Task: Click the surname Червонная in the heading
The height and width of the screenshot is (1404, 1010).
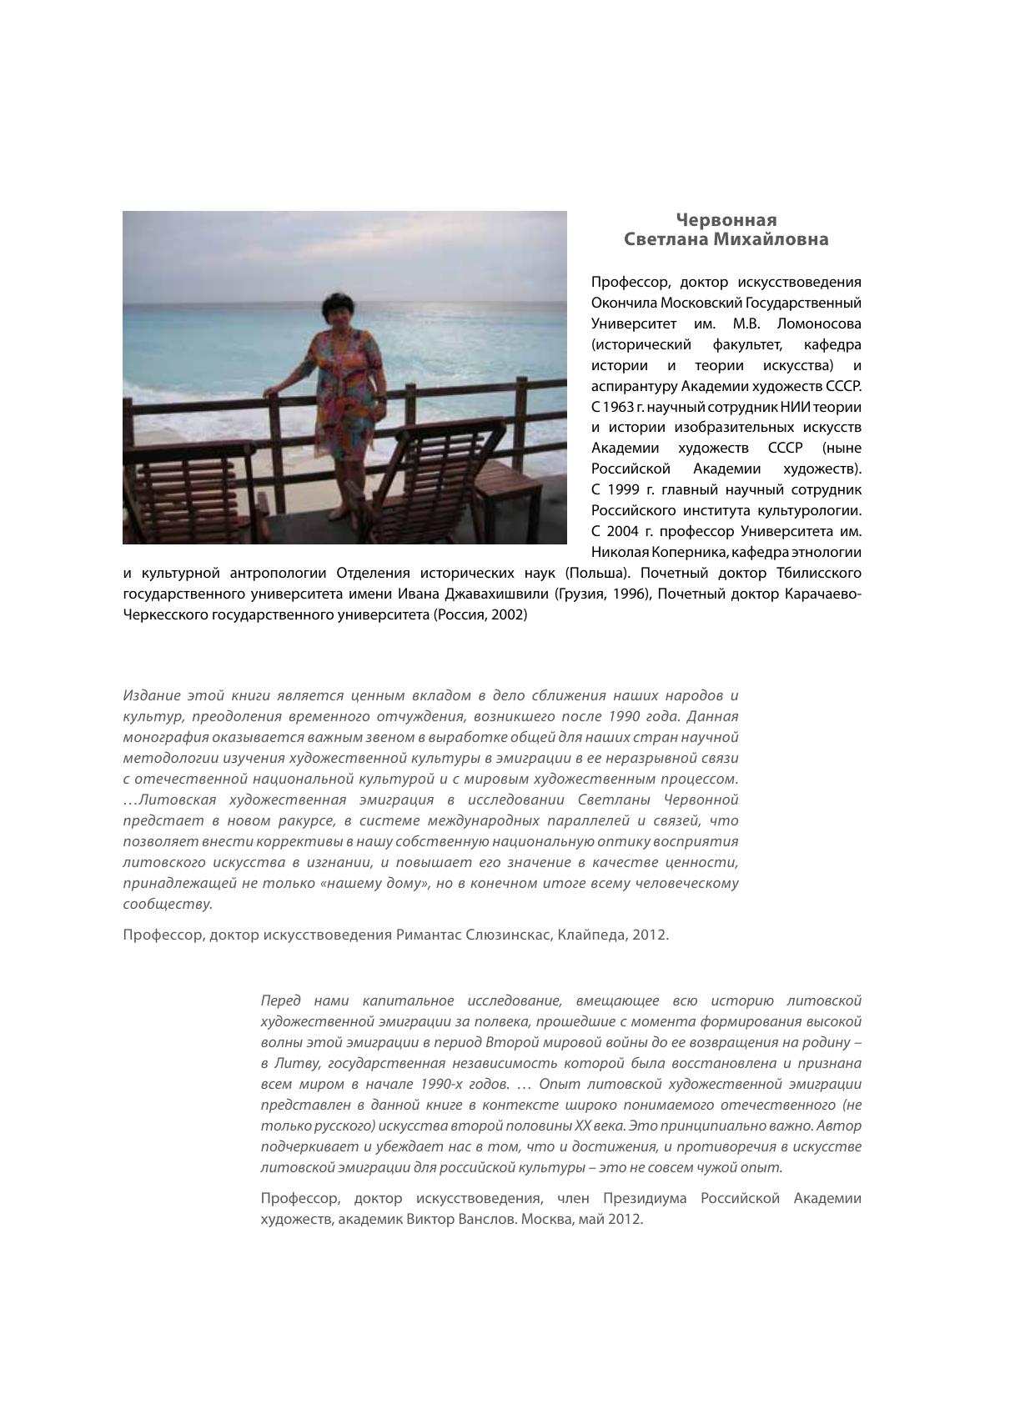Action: pyautogui.click(x=726, y=220)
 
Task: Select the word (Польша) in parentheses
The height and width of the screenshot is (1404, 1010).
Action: pyautogui.click(x=596, y=573)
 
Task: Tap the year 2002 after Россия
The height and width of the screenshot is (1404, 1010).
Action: pyautogui.click(x=507, y=614)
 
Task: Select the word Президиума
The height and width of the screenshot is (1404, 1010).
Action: pyautogui.click(x=643, y=1198)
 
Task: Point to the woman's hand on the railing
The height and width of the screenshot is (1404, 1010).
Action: pyautogui.click(x=269, y=389)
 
